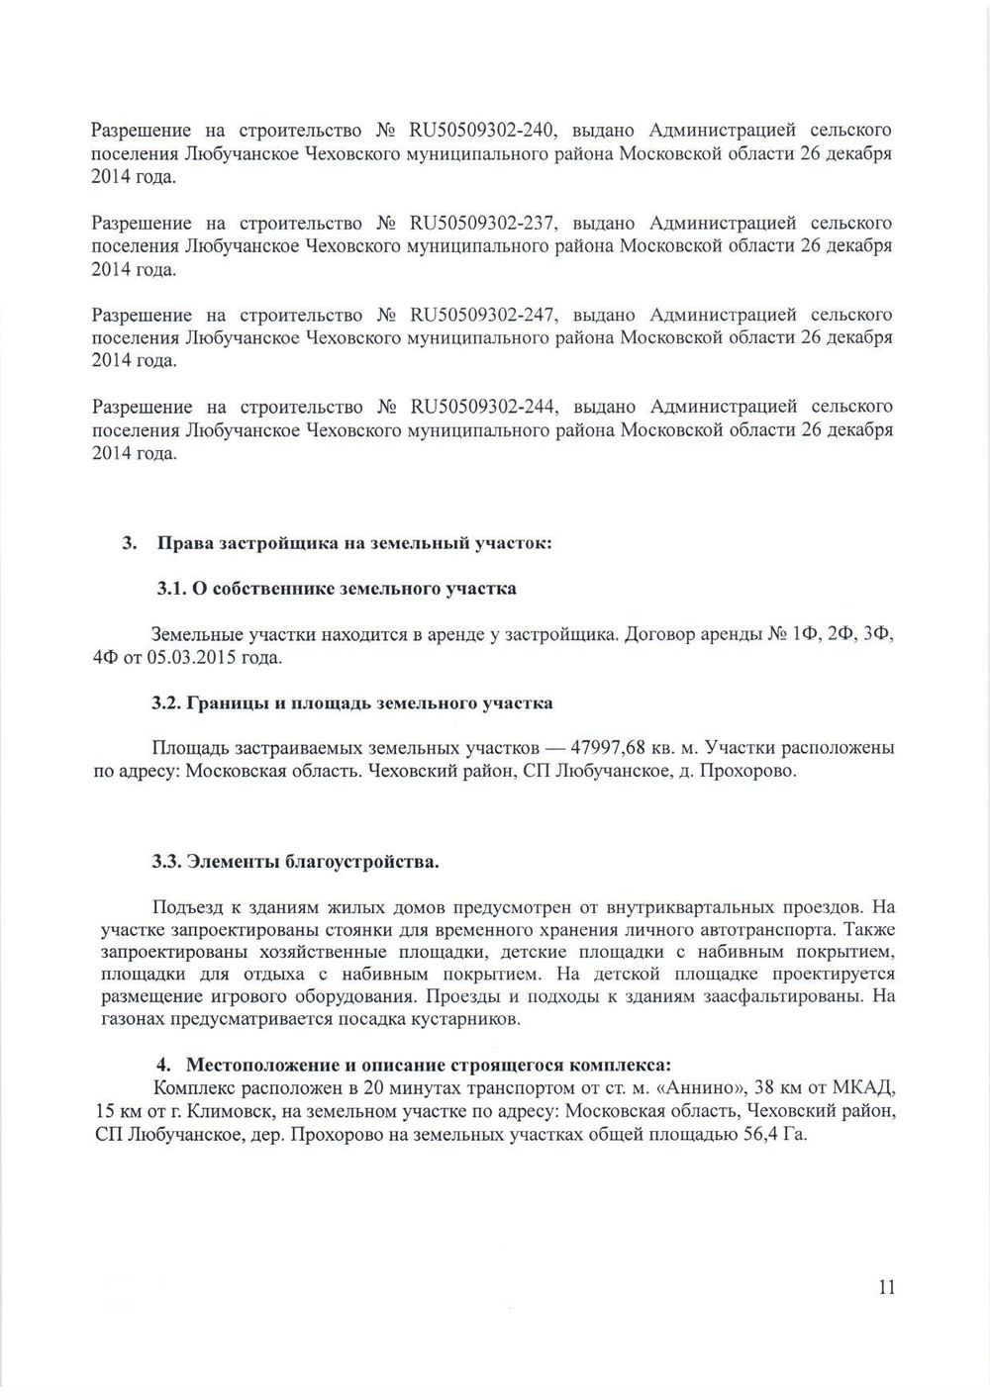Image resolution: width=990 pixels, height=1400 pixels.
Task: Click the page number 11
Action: pyautogui.click(x=885, y=1287)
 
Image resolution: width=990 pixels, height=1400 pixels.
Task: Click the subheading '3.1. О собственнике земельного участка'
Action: pyautogui.click(x=337, y=589)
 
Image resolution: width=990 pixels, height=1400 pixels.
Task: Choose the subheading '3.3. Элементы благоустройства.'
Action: pyautogui.click(x=295, y=862)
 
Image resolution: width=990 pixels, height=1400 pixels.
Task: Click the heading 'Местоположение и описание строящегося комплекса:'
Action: pyautogui.click(x=428, y=1066)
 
